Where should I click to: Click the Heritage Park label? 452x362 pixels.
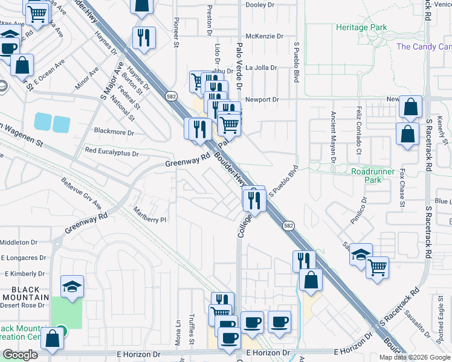point(361,28)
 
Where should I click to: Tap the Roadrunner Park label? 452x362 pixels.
point(374,176)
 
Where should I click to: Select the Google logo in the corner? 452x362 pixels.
point(20,355)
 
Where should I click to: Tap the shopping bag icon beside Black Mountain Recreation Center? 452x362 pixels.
point(53,339)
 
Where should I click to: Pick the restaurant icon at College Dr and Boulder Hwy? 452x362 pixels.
point(254,200)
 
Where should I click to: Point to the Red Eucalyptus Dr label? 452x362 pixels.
point(112,151)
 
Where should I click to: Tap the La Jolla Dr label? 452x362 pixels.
point(262,68)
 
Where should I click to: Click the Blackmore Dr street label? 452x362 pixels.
point(114,131)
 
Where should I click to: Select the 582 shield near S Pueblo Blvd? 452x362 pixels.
point(289,224)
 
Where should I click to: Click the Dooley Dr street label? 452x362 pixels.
point(260,4)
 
